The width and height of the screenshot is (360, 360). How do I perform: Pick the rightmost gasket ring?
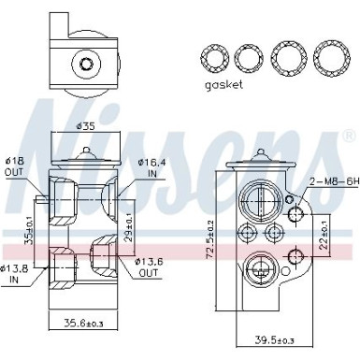click(331, 58)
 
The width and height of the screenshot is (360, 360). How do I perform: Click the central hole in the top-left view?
click(86, 65)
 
